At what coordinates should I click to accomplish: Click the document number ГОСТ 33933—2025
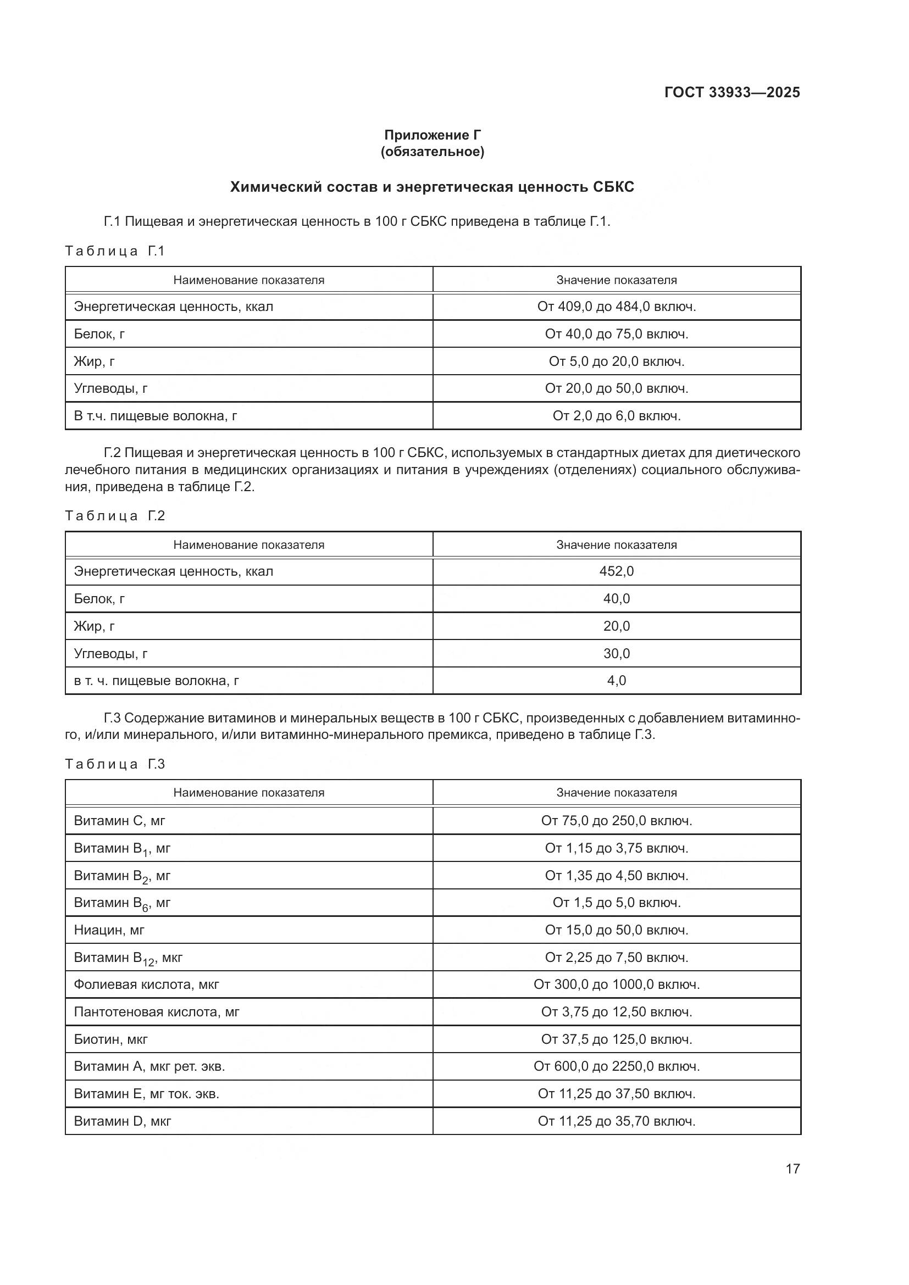(x=731, y=92)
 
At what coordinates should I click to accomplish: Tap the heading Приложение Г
(x=432, y=135)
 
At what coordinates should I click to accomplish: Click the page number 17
(x=792, y=1169)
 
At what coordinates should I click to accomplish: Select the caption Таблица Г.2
(x=115, y=515)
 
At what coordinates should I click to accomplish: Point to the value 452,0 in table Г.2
(x=616, y=571)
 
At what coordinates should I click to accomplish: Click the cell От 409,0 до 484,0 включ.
(x=616, y=307)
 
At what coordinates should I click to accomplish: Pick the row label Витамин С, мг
(x=119, y=820)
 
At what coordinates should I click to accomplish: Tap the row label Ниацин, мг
(x=109, y=930)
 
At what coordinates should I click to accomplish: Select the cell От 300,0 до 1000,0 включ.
(x=616, y=984)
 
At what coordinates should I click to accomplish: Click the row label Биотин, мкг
(x=111, y=1039)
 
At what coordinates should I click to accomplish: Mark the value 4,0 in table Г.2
(x=616, y=681)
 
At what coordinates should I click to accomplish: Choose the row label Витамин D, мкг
(x=123, y=1121)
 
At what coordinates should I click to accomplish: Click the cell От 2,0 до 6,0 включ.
(x=616, y=416)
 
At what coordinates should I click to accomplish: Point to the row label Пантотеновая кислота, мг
(x=157, y=1012)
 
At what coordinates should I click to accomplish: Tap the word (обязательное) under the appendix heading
(x=432, y=152)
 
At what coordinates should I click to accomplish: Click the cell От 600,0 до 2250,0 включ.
(x=616, y=1066)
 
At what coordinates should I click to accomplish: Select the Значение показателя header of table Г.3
(x=616, y=793)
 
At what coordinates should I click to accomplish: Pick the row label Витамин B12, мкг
(x=128, y=958)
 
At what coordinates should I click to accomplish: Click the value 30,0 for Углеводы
(x=616, y=654)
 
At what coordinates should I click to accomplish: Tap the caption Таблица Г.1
(x=115, y=251)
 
